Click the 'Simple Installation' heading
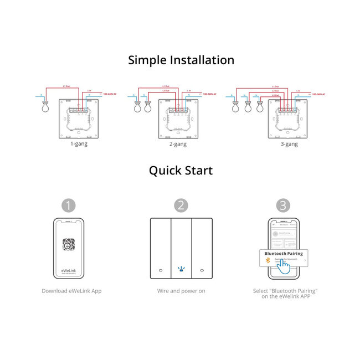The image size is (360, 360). tap(181, 60)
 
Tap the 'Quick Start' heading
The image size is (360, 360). tap(181, 171)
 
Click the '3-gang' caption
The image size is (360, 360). tap(288, 144)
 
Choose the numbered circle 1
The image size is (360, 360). tap(68, 205)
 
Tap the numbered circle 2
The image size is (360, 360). tap(181, 205)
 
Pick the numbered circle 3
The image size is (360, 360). tap(283, 205)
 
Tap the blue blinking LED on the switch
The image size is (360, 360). tap(181, 270)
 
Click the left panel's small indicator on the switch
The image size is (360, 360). tap(160, 270)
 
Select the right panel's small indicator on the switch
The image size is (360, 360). tap(201, 270)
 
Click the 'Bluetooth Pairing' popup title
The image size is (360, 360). tap(284, 253)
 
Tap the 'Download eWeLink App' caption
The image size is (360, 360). tap(71, 291)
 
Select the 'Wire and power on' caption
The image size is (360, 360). tap(181, 291)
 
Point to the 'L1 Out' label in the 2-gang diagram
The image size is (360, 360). tap(166, 86)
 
